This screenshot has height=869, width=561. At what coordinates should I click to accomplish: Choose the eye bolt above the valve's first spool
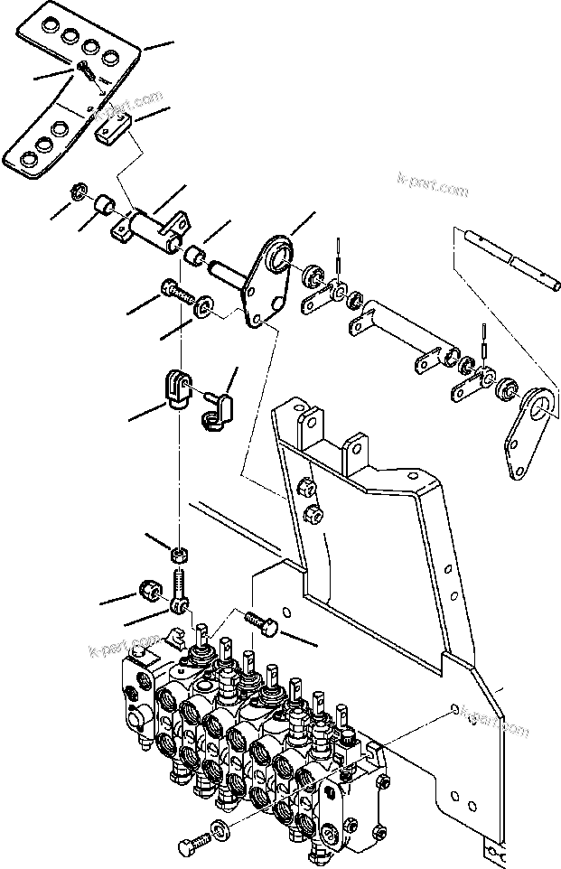(x=179, y=588)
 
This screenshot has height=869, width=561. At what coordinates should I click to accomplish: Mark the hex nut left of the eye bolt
(x=148, y=591)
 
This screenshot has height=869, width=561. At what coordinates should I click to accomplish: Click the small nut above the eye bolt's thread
(x=179, y=552)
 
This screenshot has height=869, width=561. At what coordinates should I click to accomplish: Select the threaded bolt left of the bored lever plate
(x=177, y=292)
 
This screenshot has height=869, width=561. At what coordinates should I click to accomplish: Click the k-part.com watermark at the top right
(x=434, y=191)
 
